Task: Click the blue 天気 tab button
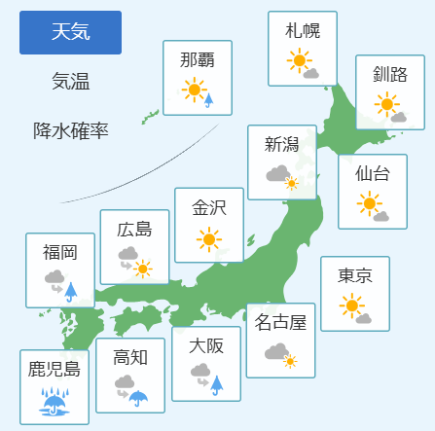click(x=70, y=32)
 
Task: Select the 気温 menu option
click(x=71, y=81)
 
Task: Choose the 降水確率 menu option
click(x=71, y=130)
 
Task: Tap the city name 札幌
click(x=303, y=31)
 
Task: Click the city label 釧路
click(x=390, y=74)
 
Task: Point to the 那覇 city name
click(x=198, y=60)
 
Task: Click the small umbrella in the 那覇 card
click(x=209, y=100)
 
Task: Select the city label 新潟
click(x=282, y=144)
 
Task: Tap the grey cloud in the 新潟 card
click(x=277, y=173)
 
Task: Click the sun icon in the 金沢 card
click(x=209, y=239)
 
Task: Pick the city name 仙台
click(x=373, y=173)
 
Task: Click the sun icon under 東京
click(x=351, y=305)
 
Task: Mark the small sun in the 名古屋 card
click(x=290, y=361)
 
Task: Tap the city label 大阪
click(x=206, y=346)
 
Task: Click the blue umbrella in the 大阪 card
click(x=217, y=385)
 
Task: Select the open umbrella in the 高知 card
click(x=138, y=398)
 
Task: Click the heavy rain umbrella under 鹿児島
click(x=54, y=401)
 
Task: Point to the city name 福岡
click(x=60, y=253)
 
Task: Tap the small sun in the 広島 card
click(x=142, y=269)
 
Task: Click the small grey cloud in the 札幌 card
click(x=311, y=74)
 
